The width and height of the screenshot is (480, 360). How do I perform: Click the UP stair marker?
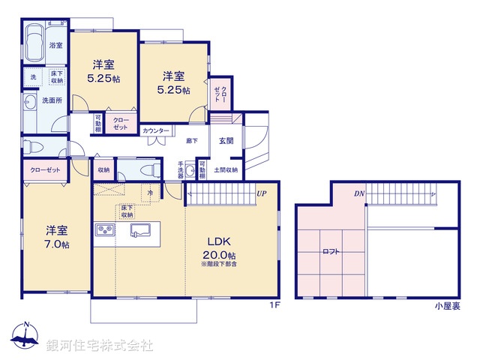(261, 193)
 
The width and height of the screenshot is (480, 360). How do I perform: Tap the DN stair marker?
(359, 193)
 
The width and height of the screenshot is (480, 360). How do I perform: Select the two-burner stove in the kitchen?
(104, 229)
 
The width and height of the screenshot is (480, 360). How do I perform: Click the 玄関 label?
(226, 140)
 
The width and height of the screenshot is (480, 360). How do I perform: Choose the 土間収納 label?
(226, 170)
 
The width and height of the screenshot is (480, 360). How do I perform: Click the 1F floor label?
(274, 305)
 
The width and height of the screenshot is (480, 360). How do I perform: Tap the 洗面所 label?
(52, 100)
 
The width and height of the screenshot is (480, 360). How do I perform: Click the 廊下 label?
(192, 140)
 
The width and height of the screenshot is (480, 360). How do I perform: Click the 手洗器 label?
(181, 170)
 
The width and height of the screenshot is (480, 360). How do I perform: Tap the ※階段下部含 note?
(219, 264)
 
